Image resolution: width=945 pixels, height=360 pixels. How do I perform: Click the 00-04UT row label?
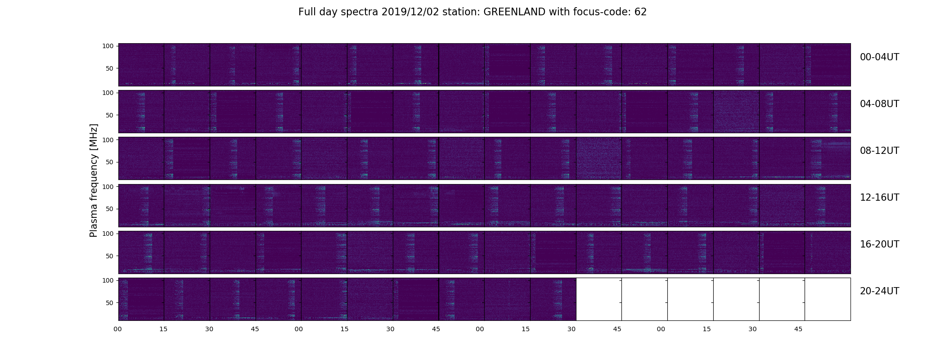[x=879, y=57]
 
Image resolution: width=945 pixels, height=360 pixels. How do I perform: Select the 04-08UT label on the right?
[x=879, y=104]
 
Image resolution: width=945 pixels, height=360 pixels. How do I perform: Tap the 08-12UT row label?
[x=879, y=151]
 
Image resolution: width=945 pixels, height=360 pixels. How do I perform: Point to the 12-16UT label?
[x=879, y=198]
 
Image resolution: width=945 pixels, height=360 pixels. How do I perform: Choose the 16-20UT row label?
[x=879, y=244]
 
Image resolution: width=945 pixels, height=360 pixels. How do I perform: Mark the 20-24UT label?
[x=879, y=291]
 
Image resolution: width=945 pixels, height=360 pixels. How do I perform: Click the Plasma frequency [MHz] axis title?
[x=94, y=180]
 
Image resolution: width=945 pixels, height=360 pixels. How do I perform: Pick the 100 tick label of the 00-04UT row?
[x=108, y=46]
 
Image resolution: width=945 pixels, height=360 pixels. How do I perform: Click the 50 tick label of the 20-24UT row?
[x=109, y=303]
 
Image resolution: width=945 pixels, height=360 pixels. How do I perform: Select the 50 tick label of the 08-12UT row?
[x=109, y=162]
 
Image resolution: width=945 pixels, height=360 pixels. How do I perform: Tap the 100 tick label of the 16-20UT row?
[x=108, y=234]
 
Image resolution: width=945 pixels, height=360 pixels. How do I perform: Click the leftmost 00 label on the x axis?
[x=118, y=329]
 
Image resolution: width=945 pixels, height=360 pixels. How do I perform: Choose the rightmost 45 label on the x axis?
[x=798, y=329]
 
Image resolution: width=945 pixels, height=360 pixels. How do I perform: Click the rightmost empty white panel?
[x=828, y=299]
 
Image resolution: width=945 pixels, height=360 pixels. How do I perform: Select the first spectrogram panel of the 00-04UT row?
[x=141, y=65]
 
